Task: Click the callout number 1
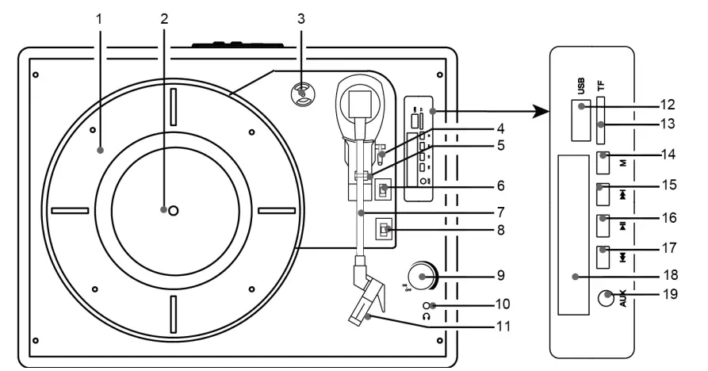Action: click(x=99, y=18)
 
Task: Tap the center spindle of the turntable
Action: click(x=174, y=210)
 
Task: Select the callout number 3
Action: click(x=301, y=18)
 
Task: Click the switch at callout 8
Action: click(x=384, y=231)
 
